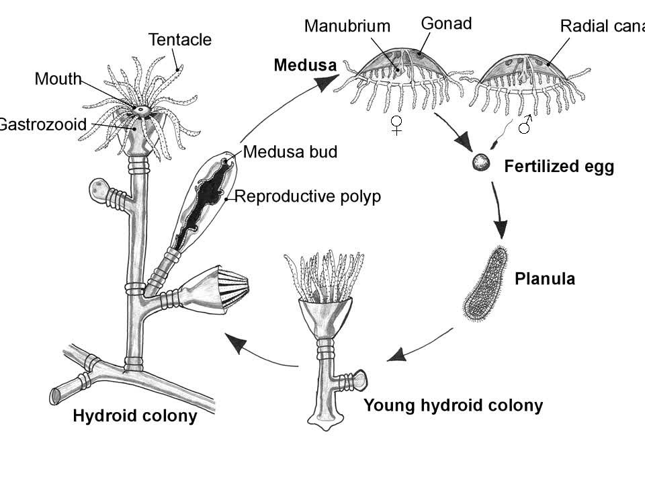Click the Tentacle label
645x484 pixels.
[x=179, y=40]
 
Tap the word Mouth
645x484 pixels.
[x=58, y=79]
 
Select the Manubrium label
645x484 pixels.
[x=347, y=26]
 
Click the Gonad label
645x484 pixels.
[x=446, y=24]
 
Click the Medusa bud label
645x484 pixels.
[x=290, y=152]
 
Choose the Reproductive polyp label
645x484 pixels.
[x=308, y=196]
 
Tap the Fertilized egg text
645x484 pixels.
[x=559, y=166]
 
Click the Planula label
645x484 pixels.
[x=544, y=278]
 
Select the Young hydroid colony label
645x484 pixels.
[x=453, y=405]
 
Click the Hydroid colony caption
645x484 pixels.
[x=134, y=416]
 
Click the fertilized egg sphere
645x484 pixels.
[x=480, y=162]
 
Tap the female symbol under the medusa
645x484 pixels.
[x=397, y=124]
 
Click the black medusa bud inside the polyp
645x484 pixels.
[x=202, y=201]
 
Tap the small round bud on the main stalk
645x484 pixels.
[x=101, y=190]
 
